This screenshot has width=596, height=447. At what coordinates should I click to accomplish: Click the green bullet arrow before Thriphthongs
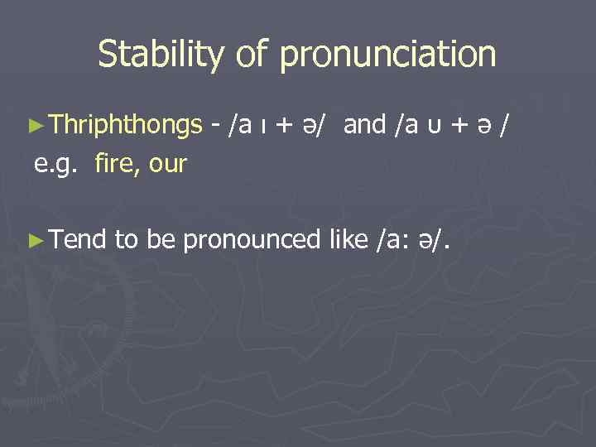[x=35, y=127]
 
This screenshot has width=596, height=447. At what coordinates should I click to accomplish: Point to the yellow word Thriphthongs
[x=125, y=125]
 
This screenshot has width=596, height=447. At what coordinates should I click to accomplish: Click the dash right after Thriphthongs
[x=215, y=126]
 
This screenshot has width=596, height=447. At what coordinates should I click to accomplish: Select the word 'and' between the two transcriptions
[x=365, y=125]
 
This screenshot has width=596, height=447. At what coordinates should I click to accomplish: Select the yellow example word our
[x=168, y=164]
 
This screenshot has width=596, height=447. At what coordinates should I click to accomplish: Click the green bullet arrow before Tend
[x=35, y=241]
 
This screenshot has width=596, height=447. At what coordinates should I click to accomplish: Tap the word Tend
[x=78, y=240]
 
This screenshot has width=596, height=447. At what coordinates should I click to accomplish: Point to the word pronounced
[x=250, y=241]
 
